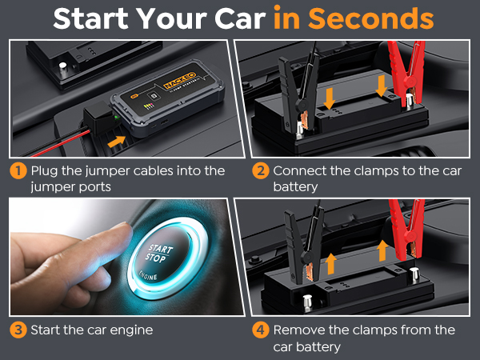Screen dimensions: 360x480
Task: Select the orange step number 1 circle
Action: (x=18, y=171)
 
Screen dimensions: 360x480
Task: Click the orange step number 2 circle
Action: (x=260, y=171)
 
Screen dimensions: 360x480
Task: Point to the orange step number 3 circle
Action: (x=18, y=330)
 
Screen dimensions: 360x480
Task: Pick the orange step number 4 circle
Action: (x=260, y=330)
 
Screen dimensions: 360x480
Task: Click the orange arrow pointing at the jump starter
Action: (x=116, y=142)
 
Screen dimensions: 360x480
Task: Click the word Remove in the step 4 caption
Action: (x=298, y=330)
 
